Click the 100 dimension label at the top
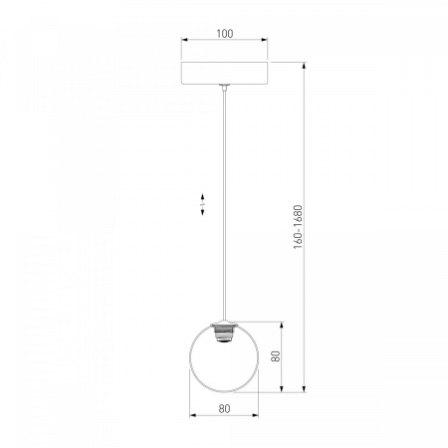pyautogui.click(x=225, y=34)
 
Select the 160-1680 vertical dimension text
pyautogui.click(x=299, y=227)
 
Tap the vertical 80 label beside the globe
pyautogui.click(x=276, y=356)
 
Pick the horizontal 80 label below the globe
pyautogui.click(x=224, y=409)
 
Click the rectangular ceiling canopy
pyautogui.click(x=224, y=73)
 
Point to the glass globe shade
pyautogui.click(x=224, y=357)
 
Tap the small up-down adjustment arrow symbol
pyautogui.click(x=202, y=204)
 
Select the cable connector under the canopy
pyautogui.click(x=225, y=88)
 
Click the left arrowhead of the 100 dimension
pyautogui.click(x=184, y=40)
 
